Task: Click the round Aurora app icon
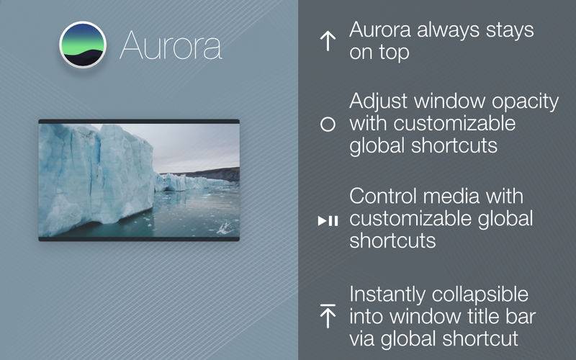coord(83,45)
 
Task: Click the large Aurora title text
coord(171,46)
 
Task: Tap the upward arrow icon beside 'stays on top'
coord(328,41)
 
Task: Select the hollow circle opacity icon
coord(328,124)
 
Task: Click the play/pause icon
coord(328,221)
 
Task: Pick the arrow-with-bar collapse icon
coord(328,316)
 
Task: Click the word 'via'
coord(362,338)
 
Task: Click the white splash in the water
coord(225,228)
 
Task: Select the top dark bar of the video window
coord(139,121)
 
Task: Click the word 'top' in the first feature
coord(394,53)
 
